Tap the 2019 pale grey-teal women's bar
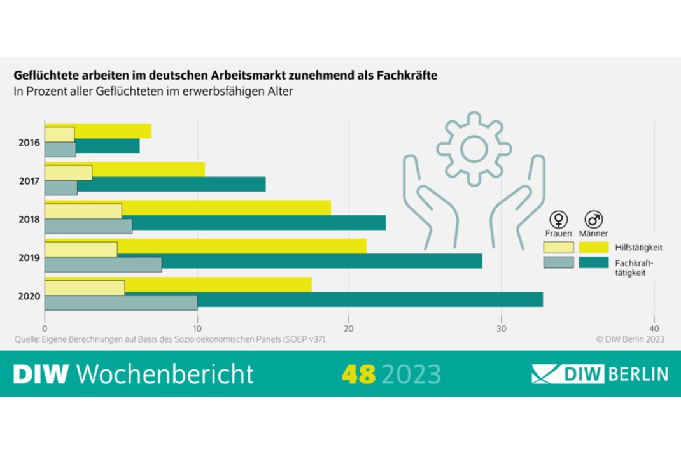[103, 264]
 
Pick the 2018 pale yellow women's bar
[83, 210]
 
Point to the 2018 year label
[30, 220]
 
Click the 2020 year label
[30, 296]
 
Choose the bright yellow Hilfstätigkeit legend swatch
[594, 247]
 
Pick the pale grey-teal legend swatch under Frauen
[558, 262]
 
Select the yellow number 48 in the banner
[359, 372]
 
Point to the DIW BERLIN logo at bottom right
[600, 373]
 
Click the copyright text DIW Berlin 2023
[630, 339]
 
